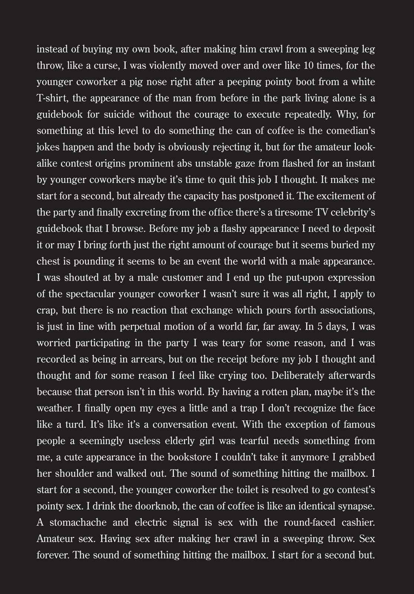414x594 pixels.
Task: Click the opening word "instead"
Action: [50, 49]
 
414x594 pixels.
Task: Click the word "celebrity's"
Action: [351, 213]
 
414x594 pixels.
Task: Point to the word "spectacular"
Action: [90, 294]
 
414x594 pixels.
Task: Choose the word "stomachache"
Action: [78, 523]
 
